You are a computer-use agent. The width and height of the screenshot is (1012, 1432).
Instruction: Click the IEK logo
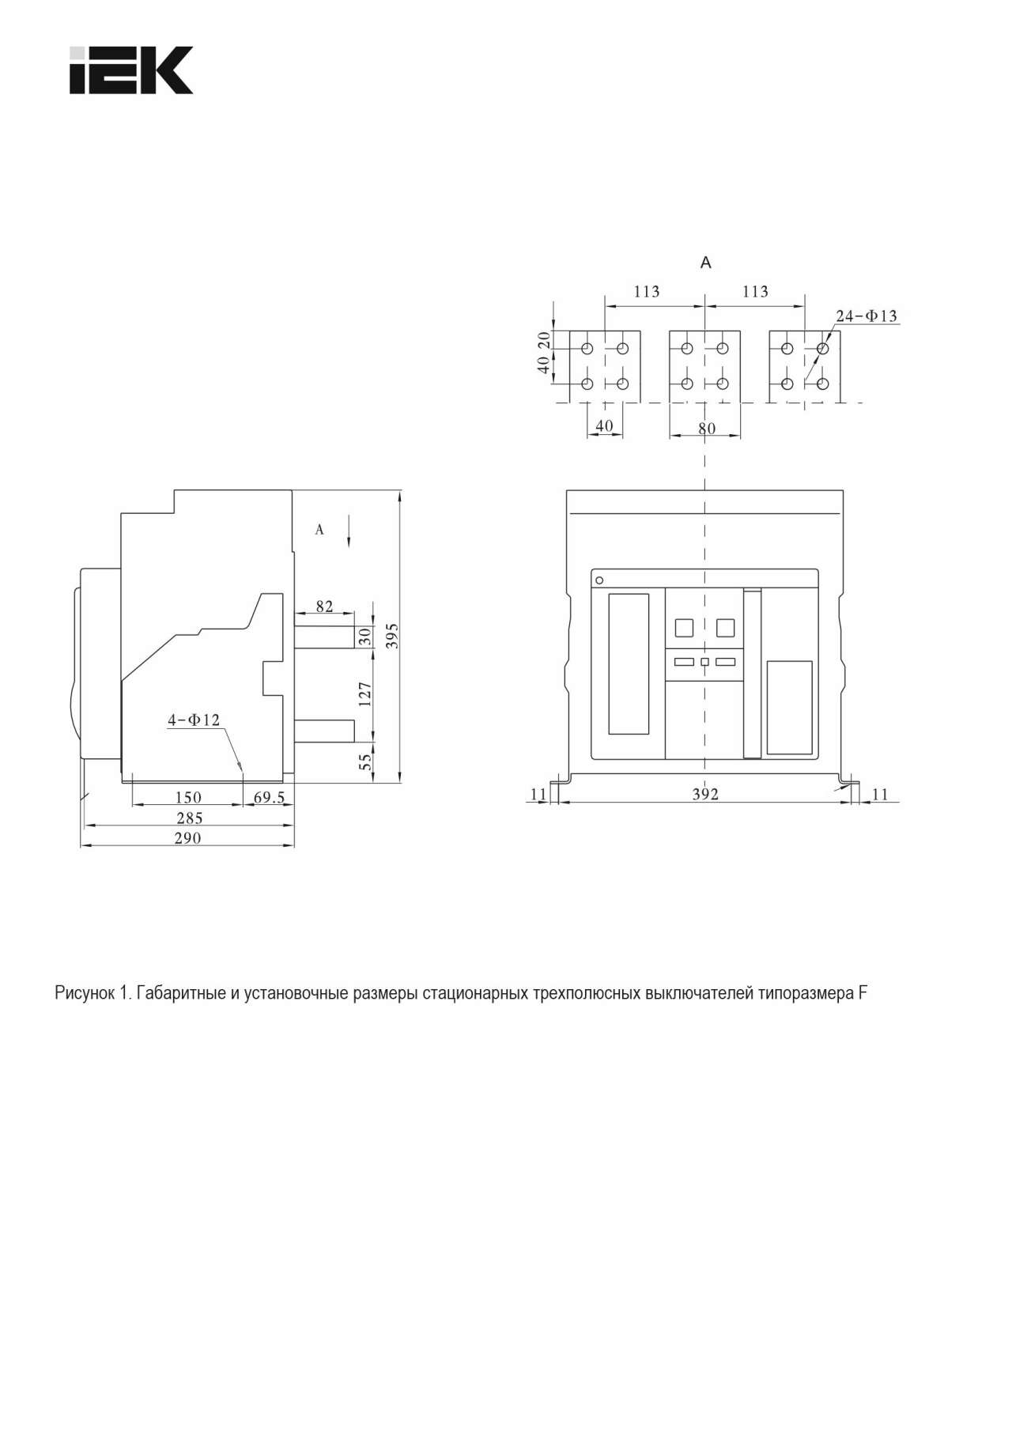(x=130, y=70)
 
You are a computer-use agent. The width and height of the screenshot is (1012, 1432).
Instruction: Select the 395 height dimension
(x=392, y=636)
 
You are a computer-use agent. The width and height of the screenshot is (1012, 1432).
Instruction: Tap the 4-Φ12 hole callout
(x=194, y=720)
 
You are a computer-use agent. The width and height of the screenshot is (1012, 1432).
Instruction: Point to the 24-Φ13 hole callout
(x=867, y=315)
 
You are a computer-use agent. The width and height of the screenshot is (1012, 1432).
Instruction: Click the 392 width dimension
(x=705, y=794)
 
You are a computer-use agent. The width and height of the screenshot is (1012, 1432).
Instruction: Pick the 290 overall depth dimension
(x=187, y=838)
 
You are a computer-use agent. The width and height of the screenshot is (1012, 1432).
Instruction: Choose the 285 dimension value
(x=189, y=818)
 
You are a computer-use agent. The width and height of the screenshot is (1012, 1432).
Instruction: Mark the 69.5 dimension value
(x=269, y=797)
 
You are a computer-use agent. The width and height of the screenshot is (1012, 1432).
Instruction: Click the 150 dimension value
(x=188, y=797)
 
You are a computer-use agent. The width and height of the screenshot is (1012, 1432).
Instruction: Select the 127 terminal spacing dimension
(x=364, y=693)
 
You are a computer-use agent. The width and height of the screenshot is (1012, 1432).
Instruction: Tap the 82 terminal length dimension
(x=324, y=606)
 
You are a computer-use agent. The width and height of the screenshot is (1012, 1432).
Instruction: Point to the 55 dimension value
(x=365, y=761)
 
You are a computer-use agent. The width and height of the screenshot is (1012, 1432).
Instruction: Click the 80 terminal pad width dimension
(x=707, y=428)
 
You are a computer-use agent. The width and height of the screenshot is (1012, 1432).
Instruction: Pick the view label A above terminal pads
(x=706, y=263)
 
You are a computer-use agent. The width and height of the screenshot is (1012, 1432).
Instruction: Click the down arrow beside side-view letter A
(x=349, y=531)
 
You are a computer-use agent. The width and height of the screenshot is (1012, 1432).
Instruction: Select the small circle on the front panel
(x=599, y=580)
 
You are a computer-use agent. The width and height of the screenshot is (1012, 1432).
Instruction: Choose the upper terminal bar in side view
(x=324, y=637)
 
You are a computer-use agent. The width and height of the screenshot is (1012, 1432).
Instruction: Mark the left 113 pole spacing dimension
(x=647, y=292)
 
